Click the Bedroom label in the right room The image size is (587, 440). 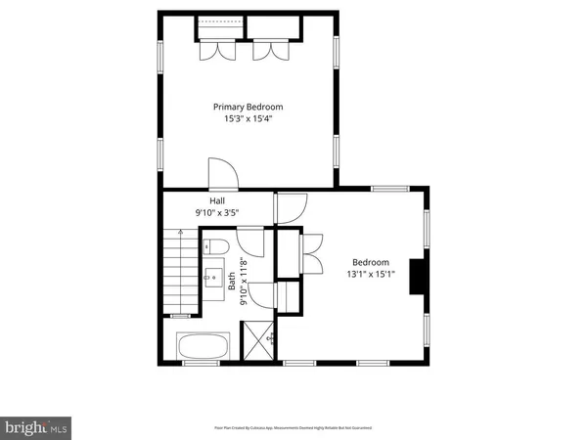[x=371, y=262]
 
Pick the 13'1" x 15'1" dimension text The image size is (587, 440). [x=371, y=274]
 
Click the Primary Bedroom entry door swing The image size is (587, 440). [x=223, y=174]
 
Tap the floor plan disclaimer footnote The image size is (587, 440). [x=293, y=427]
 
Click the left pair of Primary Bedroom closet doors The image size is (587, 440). [x=215, y=52]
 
